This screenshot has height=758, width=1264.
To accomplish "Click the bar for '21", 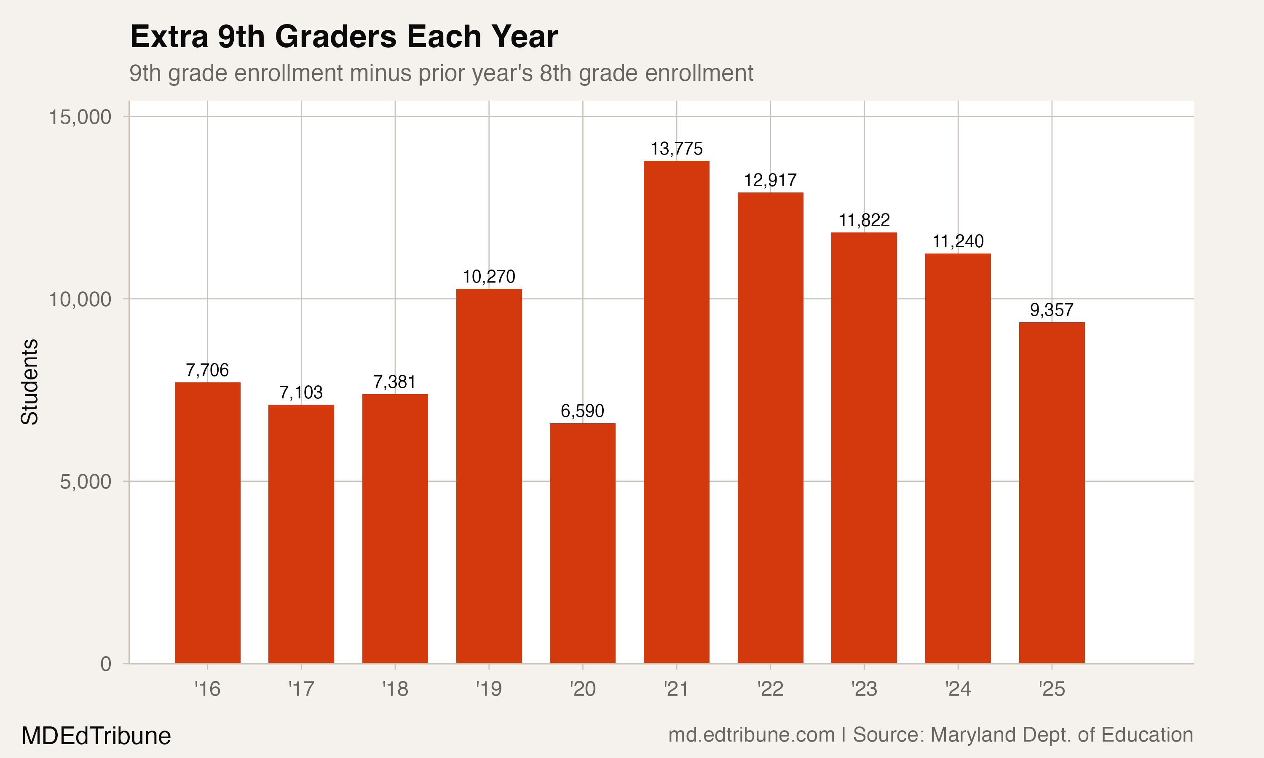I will click(x=676, y=412).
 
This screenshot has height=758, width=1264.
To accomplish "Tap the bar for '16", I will click(x=207, y=523).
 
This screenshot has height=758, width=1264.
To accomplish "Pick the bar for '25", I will click(x=1052, y=492).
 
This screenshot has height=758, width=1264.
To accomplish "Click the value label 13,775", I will click(x=676, y=149).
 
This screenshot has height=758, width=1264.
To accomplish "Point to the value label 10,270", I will click(x=489, y=277).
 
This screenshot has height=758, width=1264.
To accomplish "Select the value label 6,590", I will click(x=582, y=411).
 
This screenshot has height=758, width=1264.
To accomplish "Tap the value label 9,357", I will click(x=1052, y=310).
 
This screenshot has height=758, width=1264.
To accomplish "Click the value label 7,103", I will click(x=301, y=392).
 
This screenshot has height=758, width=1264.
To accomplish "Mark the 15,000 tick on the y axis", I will click(x=80, y=117).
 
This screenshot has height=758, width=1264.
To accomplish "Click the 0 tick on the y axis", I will click(x=106, y=664).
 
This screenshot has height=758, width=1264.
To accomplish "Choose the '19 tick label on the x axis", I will click(x=489, y=689).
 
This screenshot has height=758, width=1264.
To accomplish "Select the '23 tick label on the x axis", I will click(x=864, y=689).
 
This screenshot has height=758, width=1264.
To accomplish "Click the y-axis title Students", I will click(x=29, y=382).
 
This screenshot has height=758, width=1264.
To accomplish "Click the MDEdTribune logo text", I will click(x=96, y=736).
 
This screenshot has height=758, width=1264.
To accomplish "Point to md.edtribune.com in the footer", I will click(x=751, y=735).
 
